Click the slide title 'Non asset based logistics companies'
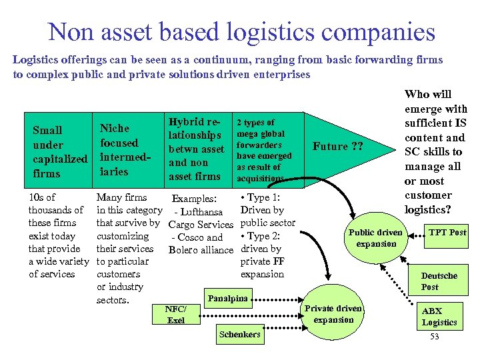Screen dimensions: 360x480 click(x=241, y=31)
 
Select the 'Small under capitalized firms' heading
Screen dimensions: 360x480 click(x=60, y=152)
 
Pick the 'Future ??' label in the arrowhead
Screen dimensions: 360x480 click(x=338, y=147)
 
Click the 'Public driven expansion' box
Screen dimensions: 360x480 click(x=375, y=238)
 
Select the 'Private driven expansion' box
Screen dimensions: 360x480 click(x=333, y=314)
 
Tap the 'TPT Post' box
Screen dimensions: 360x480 click(x=447, y=232)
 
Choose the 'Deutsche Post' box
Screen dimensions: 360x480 click(x=439, y=281)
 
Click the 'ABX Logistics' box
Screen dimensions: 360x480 click(x=439, y=317)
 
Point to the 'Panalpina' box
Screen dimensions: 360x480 click(x=228, y=298)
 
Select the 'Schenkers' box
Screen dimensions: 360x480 click(x=240, y=334)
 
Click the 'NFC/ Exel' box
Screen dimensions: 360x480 click(x=176, y=315)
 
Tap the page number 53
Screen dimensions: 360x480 click(x=434, y=337)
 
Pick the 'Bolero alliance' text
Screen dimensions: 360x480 click(x=201, y=250)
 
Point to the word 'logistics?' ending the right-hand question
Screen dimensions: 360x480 click(x=428, y=209)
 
